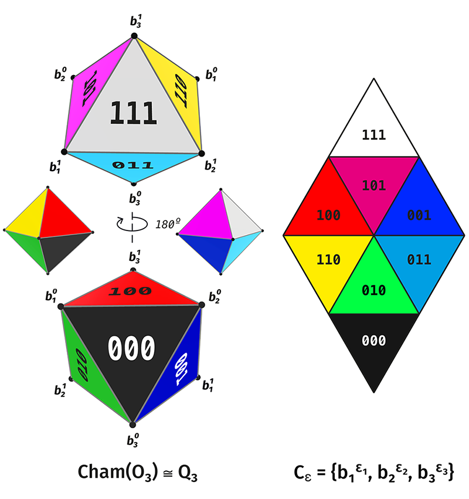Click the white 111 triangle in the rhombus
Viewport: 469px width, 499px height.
click(x=374, y=127)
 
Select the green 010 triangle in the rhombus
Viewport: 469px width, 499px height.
click(x=374, y=286)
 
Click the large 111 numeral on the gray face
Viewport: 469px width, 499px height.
click(x=133, y=113)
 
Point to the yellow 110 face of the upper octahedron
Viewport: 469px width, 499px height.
click(x=178, y=89)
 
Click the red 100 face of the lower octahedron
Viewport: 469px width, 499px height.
click(x=131, y=291)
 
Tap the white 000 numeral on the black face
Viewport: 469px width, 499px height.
click(x=131, y=348)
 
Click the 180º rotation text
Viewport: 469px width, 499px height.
click(x=168, y=224)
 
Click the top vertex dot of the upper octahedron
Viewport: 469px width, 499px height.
click(x=134, y=36)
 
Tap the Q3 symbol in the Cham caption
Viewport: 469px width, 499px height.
click(x=188, y=473)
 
